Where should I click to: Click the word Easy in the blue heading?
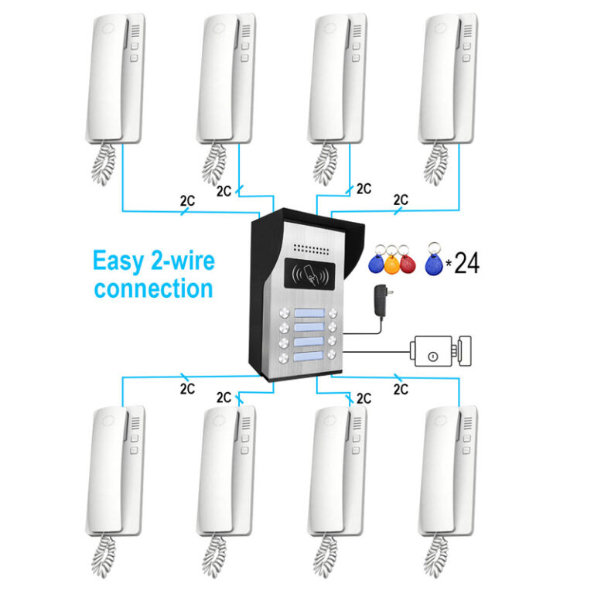[x=118, y=261]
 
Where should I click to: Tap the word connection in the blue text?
[x=154, y=288]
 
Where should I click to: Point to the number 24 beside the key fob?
[x=466, y=262]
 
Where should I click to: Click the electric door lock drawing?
[x=441, y=351]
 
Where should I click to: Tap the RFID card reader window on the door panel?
[x=309, y=274]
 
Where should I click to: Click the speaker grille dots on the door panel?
[x=312, y=249]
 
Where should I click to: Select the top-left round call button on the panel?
[x=284, y=313]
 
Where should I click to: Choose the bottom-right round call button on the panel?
[x=332, y=354]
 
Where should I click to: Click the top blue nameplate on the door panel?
[x=309, y=313]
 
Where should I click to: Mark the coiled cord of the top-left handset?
[x=104, y=164]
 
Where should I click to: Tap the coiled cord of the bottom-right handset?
[x=435, y=556]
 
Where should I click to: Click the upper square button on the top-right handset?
[x=467, y=46]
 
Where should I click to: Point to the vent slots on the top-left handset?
[x=135, y=31]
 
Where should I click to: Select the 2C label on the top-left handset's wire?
[x=187, y=201]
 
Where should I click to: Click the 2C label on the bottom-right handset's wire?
[x=401, y=389]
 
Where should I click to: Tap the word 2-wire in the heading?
[x=183, y=261]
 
